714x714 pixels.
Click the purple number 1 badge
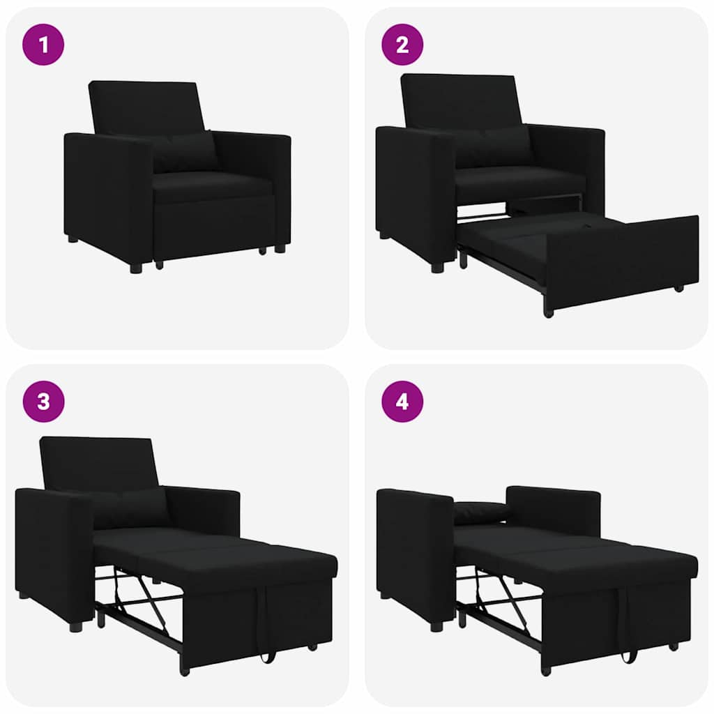44,45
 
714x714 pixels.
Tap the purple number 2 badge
402,45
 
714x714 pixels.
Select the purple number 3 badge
44,402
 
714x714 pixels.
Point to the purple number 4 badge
402,402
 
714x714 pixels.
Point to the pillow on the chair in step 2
495,147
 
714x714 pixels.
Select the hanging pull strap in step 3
264,628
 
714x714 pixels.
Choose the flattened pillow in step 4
481,512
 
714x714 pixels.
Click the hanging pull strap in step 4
628,628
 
